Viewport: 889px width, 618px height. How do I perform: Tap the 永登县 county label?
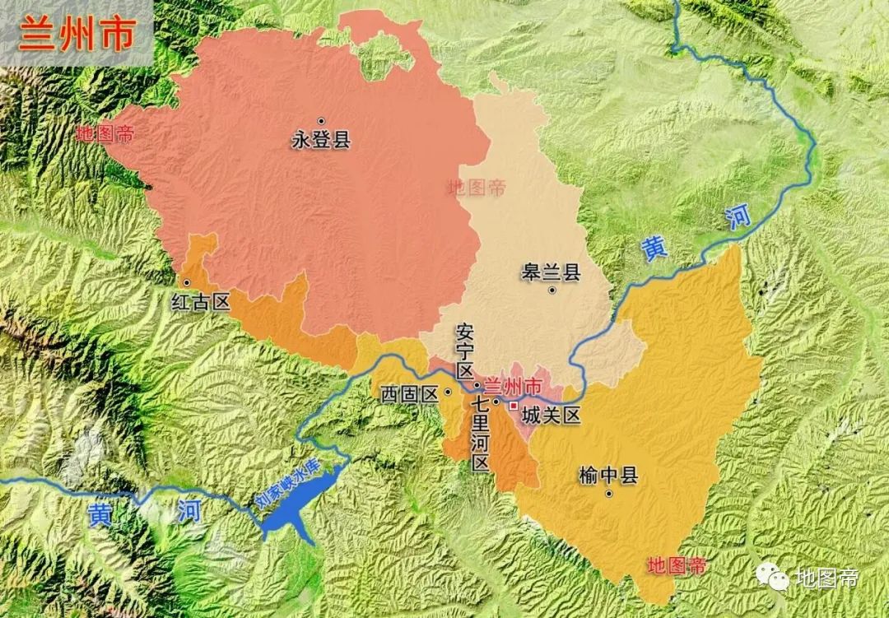pos(321,140)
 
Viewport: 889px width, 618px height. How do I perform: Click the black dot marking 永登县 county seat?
pos(321,121)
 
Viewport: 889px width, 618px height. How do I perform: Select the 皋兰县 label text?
pos(551,272)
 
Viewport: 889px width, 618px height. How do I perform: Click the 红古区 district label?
pos(200,302)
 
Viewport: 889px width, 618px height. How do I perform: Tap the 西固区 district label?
pos(408,393)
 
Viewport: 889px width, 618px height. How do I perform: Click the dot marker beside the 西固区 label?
pos(447,393)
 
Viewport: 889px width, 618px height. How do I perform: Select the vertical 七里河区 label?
pos(481,434)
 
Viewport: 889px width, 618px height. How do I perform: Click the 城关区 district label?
pos(552,416)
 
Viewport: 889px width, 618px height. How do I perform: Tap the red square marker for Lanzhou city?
pos(514,406)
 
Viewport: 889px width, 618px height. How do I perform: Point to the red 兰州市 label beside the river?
pos(512,385)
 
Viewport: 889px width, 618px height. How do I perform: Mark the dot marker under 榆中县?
pos(608,494)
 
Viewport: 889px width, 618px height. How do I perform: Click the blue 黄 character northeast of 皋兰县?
pos(656,249)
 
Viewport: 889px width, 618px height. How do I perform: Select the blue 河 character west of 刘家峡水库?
pos(187,512)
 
